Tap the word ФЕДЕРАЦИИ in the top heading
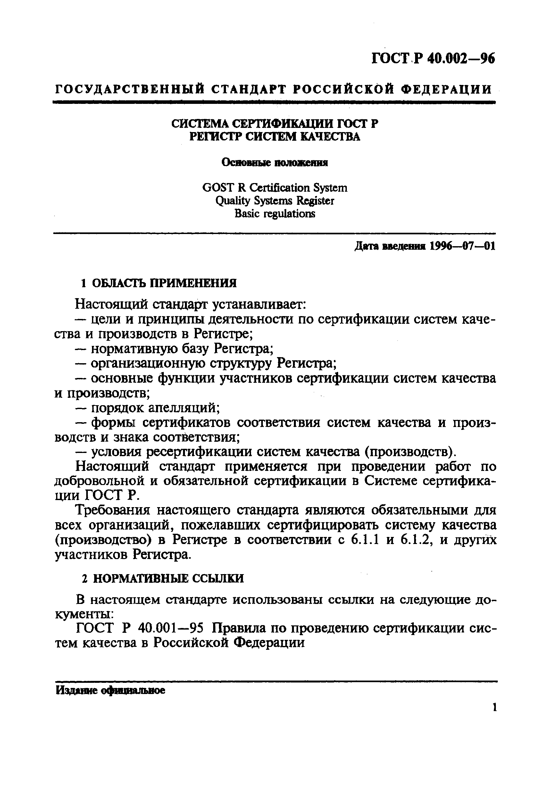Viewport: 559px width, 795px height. coord(446,89)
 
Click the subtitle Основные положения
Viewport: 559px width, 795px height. coord(274,163)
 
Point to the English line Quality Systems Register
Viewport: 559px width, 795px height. coord(274,201)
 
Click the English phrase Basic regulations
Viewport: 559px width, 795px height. coord(274,214)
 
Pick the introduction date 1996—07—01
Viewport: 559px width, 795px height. coord(462,246)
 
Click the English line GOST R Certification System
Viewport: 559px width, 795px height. coord(274,188)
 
